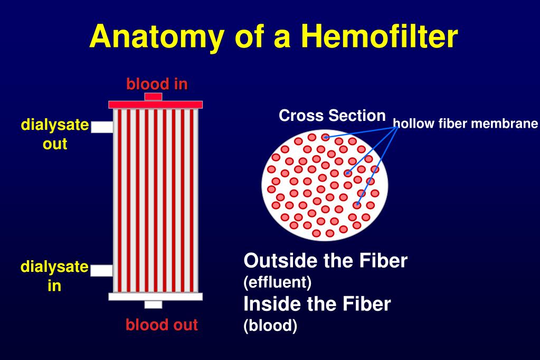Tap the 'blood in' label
point(157,83)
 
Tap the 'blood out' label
point(162,324)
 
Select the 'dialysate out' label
point(55,134)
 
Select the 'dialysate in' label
point(54,276)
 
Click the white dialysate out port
point(102,127)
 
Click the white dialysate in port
point(101,270)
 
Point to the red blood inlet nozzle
point(153,97)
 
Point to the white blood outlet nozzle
point(153,304)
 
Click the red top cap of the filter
point(156,105)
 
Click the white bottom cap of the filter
point(156,296)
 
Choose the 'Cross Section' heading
point(332,116)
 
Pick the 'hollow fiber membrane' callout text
point(465,125)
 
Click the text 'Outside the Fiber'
point(325,261)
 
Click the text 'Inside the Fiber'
point(317,304)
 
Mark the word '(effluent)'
point(277,282)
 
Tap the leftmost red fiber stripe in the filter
point(118,201)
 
